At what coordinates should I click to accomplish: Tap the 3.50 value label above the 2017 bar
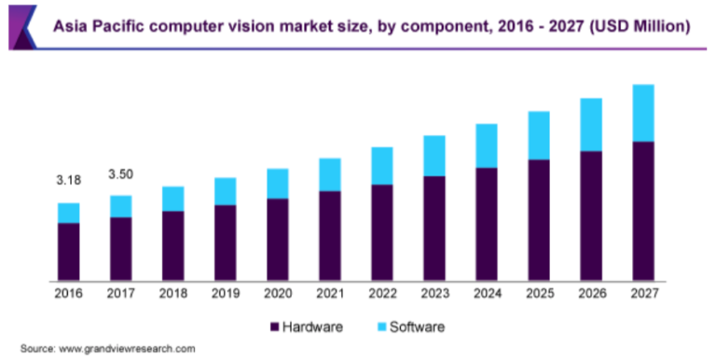[x=120, y=174]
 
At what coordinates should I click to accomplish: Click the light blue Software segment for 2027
[x=642, y=113]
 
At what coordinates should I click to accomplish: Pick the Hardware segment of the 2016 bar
[x=68, y=251]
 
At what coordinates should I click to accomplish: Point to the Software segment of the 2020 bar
[x=277, y=184]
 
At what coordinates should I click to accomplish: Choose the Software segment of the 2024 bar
[x=486, y=145]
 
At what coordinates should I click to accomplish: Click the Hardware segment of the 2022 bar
[x=381, y=232]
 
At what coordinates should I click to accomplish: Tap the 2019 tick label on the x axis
[x=225, y=294]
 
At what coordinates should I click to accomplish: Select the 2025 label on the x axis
[x=538, y=294]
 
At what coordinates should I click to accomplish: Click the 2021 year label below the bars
[x=329, y=294]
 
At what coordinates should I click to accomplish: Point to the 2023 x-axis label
[x=434, y=294]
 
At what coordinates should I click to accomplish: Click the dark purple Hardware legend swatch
[x=273, y=327]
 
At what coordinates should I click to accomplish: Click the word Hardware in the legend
[x=313, y=327]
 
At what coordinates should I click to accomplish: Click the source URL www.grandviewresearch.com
[x=127, y=348]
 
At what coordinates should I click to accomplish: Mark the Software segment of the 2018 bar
[x=172, y=199]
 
